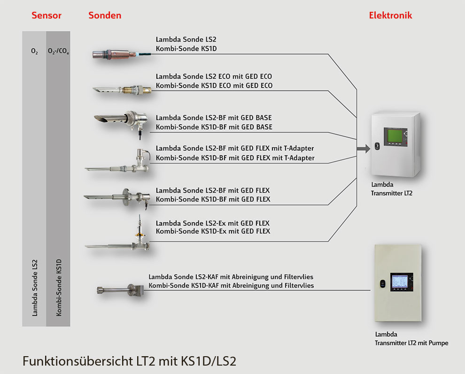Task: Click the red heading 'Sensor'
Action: click(46, 15)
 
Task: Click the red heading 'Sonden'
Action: click(105, 15)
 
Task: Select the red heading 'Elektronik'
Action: click(390, 15)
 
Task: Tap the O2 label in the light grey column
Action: click(34, 52)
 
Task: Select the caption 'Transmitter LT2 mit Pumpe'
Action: click(411, 343)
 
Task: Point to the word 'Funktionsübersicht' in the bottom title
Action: click(80, 361)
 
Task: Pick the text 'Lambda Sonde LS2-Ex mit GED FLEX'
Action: click(213, 223)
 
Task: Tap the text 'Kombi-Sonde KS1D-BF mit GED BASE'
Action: click(214, 127)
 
